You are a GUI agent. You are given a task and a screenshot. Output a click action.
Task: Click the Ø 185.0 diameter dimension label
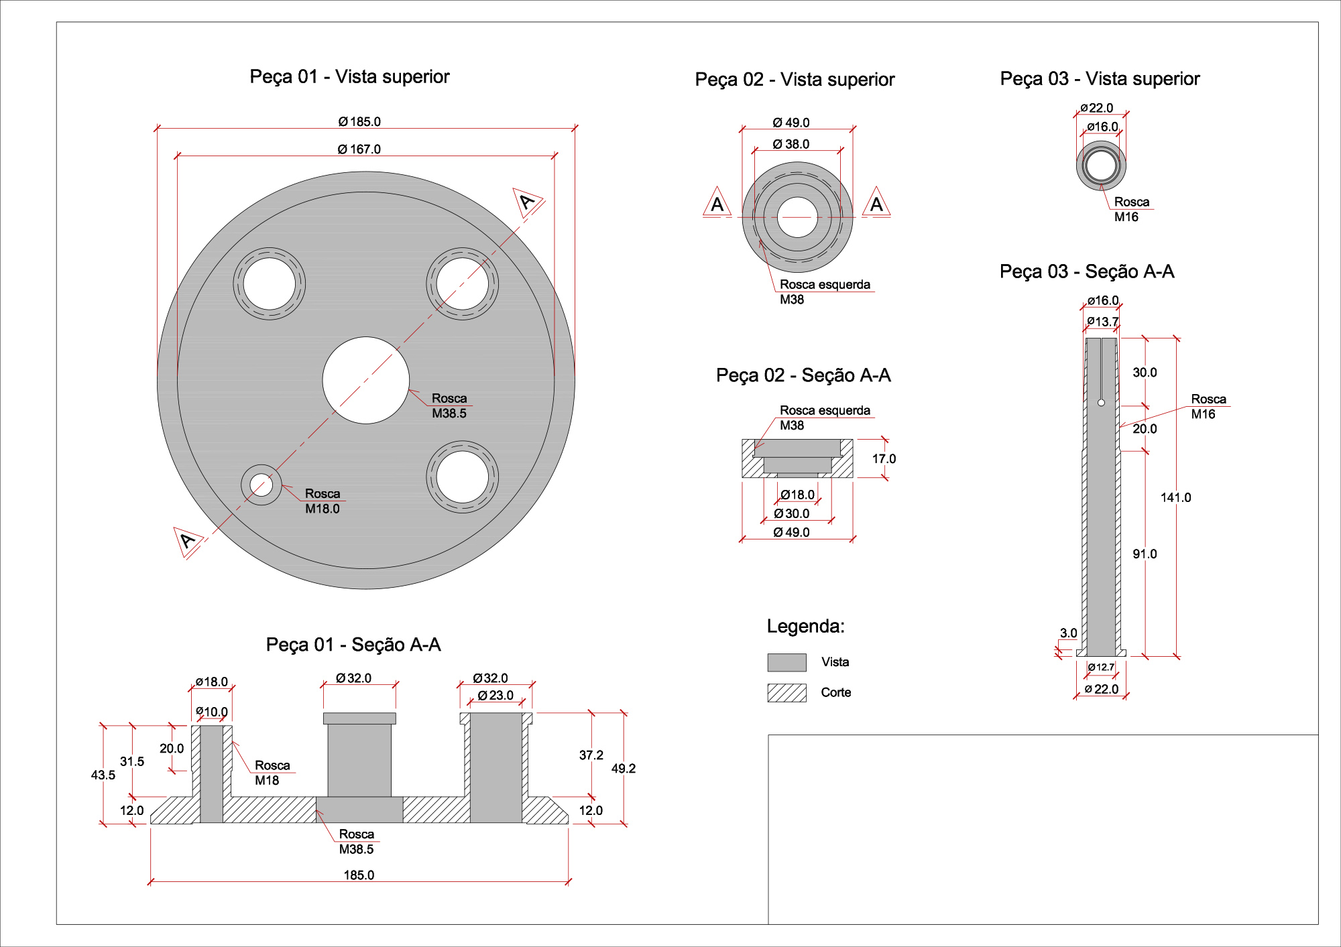pos(359,122)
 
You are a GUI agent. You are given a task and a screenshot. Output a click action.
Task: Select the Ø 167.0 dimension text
pos(359,149)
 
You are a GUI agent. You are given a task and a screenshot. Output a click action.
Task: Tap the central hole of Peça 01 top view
pos(366,380)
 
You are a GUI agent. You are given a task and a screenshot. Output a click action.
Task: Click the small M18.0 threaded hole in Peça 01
pos(261,485)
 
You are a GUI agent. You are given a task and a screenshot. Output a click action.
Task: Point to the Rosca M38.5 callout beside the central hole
pos(449,406)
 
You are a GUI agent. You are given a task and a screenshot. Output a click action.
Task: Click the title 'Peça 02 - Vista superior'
pos(795,80)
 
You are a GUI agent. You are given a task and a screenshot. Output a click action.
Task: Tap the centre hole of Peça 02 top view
pos(797,217)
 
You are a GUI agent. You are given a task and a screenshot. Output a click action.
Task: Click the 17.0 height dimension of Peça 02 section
pos(884,459)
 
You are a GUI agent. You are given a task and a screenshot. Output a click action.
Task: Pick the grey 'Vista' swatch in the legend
pos(786,662)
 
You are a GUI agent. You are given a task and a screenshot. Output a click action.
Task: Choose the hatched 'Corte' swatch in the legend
pos(786,692)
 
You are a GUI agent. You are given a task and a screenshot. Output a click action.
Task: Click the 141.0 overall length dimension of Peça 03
pos(1175,497)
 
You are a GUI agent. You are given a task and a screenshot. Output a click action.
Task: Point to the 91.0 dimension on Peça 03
pos(1145,554)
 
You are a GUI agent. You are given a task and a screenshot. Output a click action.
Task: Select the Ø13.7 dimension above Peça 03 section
pos(1102,322)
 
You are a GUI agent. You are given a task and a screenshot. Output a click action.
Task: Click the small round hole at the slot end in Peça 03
pos(1101,403)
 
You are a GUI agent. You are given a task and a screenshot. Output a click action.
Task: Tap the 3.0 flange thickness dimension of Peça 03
pos(1068,633)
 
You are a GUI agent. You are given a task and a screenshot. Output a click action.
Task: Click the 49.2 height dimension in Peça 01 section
pos(623,769)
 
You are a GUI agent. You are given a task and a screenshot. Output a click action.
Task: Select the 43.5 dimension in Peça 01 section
pos(103,775)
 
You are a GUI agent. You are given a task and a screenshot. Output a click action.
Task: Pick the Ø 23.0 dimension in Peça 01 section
pos(495,696)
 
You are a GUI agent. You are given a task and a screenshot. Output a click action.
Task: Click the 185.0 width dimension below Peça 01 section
pos(359,875)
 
